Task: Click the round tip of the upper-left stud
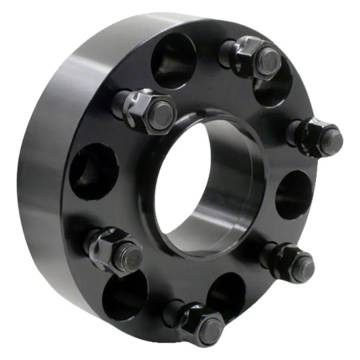[161, 114]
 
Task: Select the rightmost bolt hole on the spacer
[295, 194]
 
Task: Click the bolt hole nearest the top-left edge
[172, 59]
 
